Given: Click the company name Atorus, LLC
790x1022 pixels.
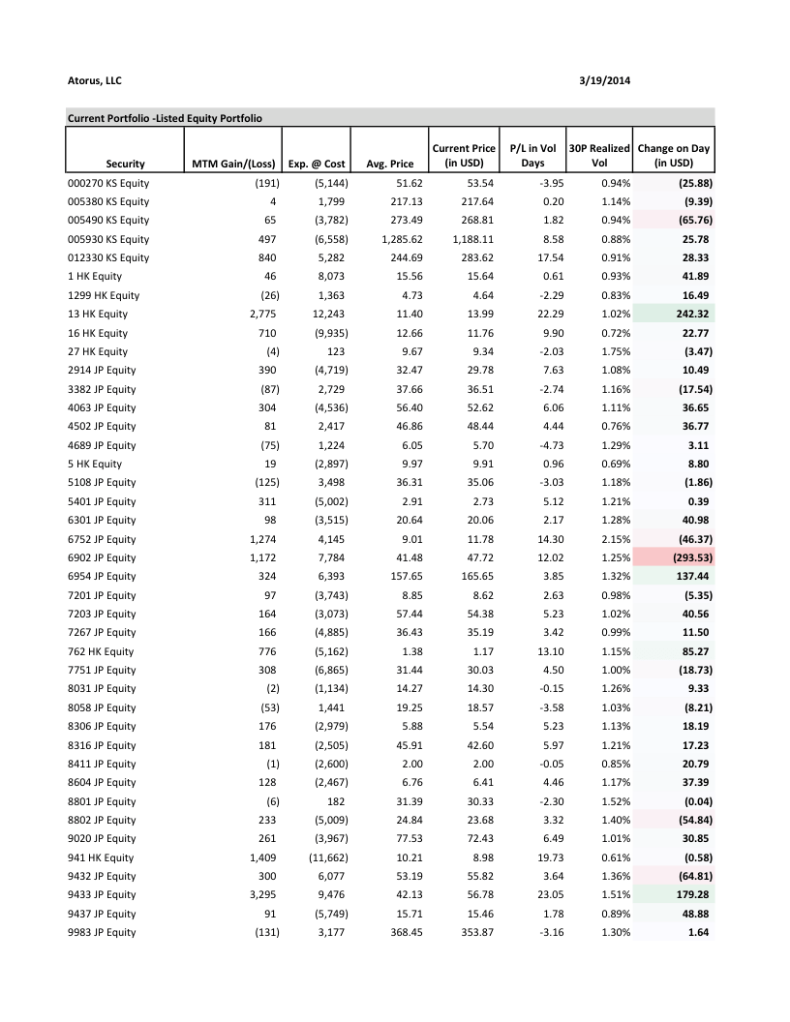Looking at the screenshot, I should click(94, 79).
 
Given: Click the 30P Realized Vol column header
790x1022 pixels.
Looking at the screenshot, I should click(597, 156).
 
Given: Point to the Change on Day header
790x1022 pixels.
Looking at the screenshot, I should click(674, 156).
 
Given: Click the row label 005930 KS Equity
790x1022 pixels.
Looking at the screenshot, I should click(108, 239).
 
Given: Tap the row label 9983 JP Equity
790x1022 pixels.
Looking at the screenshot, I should click(102, 932).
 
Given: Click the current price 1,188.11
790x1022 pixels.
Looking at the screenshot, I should click(472, 239).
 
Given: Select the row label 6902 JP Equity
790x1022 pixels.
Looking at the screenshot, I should click(102, 557).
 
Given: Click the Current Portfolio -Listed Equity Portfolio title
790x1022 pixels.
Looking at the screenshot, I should click(166, 118).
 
